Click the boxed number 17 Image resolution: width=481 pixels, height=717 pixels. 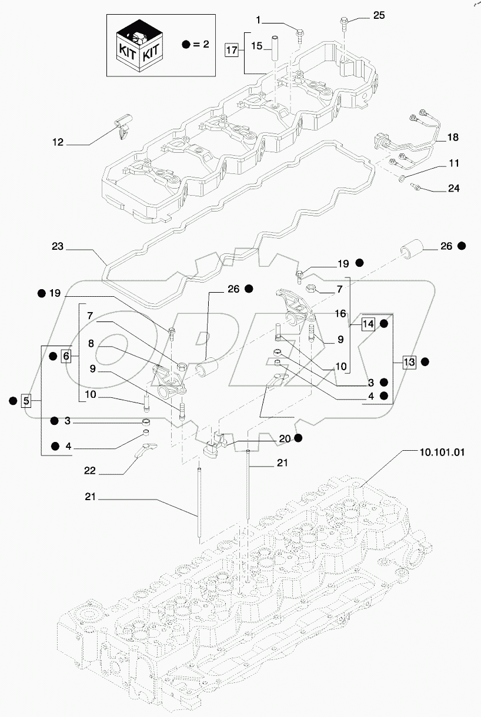click(232, 50)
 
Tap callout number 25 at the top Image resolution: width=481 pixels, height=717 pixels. click(379, 15)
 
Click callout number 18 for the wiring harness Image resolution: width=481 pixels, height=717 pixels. click(453, 138)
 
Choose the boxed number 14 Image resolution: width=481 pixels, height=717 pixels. click(368, 324)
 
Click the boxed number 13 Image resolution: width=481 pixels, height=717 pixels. click(409, 362)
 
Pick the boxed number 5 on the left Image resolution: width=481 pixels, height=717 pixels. click(25, 401)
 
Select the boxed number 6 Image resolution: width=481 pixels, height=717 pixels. click(66, 356)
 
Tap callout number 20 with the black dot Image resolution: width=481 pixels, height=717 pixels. click(284, 438)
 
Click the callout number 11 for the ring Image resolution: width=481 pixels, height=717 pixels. click(453, 163)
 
